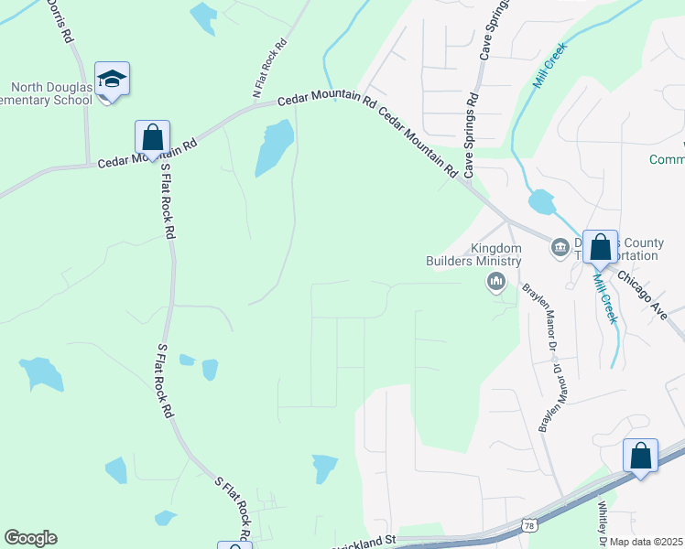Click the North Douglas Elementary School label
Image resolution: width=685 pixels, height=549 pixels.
[x=46, y=93]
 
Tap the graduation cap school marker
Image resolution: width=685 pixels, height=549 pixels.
[x=112, y=81]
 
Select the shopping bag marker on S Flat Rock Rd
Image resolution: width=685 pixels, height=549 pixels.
[x=152, y=137]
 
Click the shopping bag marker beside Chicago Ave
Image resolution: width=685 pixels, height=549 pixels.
[x=600, y=246]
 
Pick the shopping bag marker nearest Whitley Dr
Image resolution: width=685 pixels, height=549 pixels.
[x=640, y=456]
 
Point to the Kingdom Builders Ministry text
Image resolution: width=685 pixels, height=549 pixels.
[x=495, y=254]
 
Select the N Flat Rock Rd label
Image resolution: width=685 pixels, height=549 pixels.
[x=270, y=70]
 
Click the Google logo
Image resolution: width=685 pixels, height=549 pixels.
[x=30, y=538]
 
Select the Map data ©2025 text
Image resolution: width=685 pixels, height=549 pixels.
[x=645, y=542]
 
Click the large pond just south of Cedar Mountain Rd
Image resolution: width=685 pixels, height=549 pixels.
[x=275, y=146]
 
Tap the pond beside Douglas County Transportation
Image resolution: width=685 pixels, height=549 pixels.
[x=541, y=200]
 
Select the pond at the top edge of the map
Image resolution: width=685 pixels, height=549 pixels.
[x=202, y=15]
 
